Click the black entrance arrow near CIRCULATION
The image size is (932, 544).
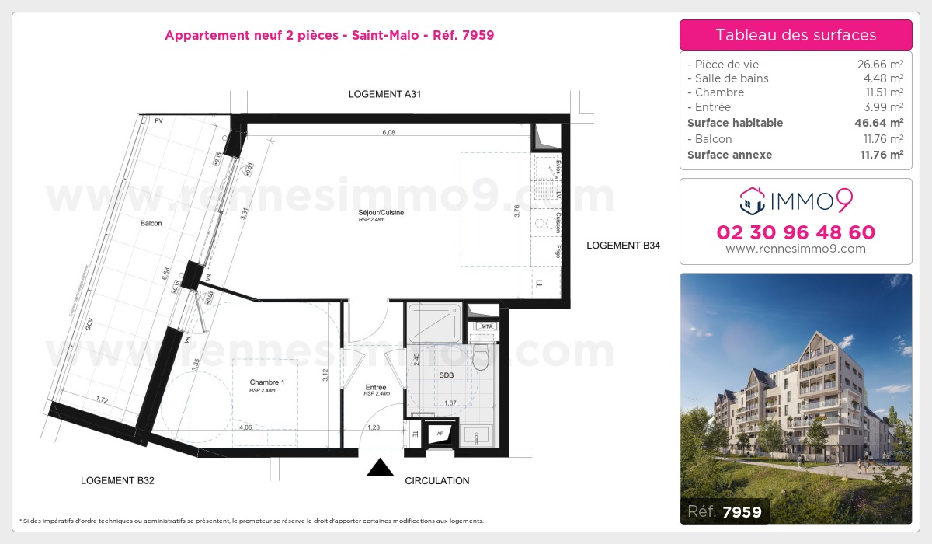tap(379, 468)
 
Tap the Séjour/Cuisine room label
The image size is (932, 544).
tap(381, 212)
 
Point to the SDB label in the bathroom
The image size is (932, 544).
tap(446, 375)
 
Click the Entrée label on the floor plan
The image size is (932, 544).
tap(376, 386)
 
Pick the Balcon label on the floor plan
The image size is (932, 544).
tap(151, 224)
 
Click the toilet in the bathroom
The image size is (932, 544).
tap(481, 357)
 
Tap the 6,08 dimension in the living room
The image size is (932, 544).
tap(388, 133)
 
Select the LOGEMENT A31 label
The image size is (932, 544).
tap(384, 94)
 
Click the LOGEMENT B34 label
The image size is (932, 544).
tap(623, 246)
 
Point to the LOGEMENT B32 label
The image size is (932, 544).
tap(117, 480)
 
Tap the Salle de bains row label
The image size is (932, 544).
tap(729, 78)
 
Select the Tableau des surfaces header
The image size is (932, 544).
tap(795, 35)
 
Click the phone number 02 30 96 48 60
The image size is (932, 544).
tap(795, 232)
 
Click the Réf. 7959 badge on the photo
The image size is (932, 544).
tap(725, 511)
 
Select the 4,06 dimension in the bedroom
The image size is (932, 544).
tap(245, 427)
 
